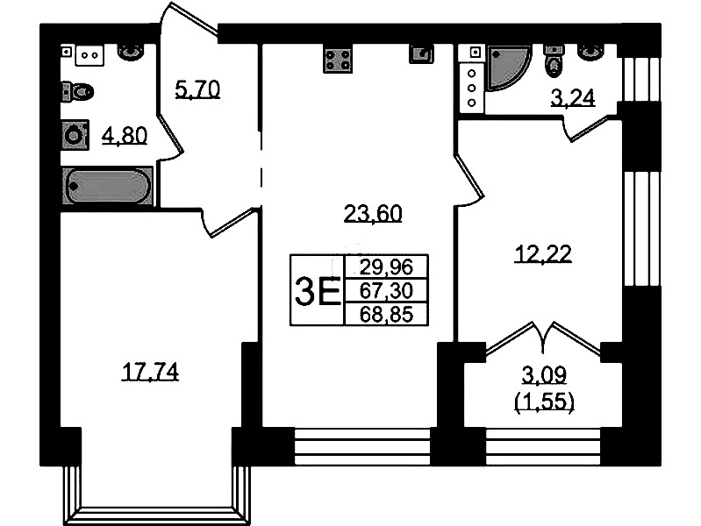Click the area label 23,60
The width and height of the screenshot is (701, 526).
373,214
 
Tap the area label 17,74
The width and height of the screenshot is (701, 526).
150,372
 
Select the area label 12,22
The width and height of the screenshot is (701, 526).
543,254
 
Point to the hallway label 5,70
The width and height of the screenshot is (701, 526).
197,89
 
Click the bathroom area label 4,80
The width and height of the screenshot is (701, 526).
125,135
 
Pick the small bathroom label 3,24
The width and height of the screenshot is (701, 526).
573,97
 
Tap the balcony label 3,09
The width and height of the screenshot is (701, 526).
544,374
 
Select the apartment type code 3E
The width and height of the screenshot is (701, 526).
318,290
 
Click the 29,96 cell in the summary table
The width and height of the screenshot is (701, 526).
386,267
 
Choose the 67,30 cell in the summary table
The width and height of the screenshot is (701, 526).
386,291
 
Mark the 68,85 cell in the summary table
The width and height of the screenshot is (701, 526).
386,314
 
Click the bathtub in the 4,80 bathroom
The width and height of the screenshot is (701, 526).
108,186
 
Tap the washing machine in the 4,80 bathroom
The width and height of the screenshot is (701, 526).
75,134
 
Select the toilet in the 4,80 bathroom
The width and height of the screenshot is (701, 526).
77,93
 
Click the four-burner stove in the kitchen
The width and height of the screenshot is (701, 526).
338,59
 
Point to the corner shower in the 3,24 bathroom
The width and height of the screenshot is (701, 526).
508,67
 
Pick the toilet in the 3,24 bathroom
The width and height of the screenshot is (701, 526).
554,61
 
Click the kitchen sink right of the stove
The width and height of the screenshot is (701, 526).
422,54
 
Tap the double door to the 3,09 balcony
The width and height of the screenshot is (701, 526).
543,339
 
